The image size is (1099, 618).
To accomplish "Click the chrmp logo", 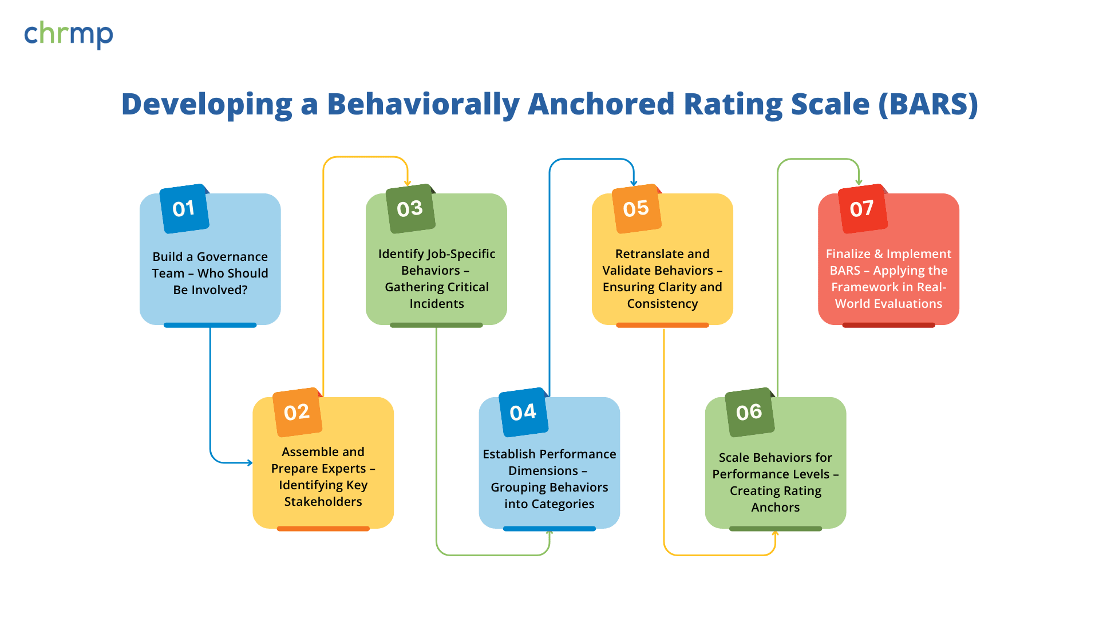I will coord(69,34).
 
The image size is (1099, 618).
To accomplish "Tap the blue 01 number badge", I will coord(184,209).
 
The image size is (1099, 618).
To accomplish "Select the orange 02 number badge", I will coord(297,412).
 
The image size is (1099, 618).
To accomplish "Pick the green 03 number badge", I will coord(410,209).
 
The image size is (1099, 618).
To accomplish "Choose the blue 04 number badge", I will coord(523,412).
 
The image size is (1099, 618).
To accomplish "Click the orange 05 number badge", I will coord(636,209).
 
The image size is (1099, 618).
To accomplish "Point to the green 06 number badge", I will coord(749,412).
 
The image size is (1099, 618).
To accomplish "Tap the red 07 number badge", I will coord(862,209).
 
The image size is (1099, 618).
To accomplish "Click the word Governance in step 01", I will coord(232,257).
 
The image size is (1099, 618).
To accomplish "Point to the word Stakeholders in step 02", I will coord(323,502).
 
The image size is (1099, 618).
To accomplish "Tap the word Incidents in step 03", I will coord(437,304).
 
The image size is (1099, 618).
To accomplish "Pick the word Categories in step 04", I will coord(563,504).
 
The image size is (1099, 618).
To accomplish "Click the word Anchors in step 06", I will coord(775,508).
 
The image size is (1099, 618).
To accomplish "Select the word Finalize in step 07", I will coord(848,254).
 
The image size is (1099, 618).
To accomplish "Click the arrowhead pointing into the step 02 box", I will coord(250,462).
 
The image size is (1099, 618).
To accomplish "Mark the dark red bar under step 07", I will coord(888,325).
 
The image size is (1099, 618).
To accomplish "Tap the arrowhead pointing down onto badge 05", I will coord(634,183).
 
